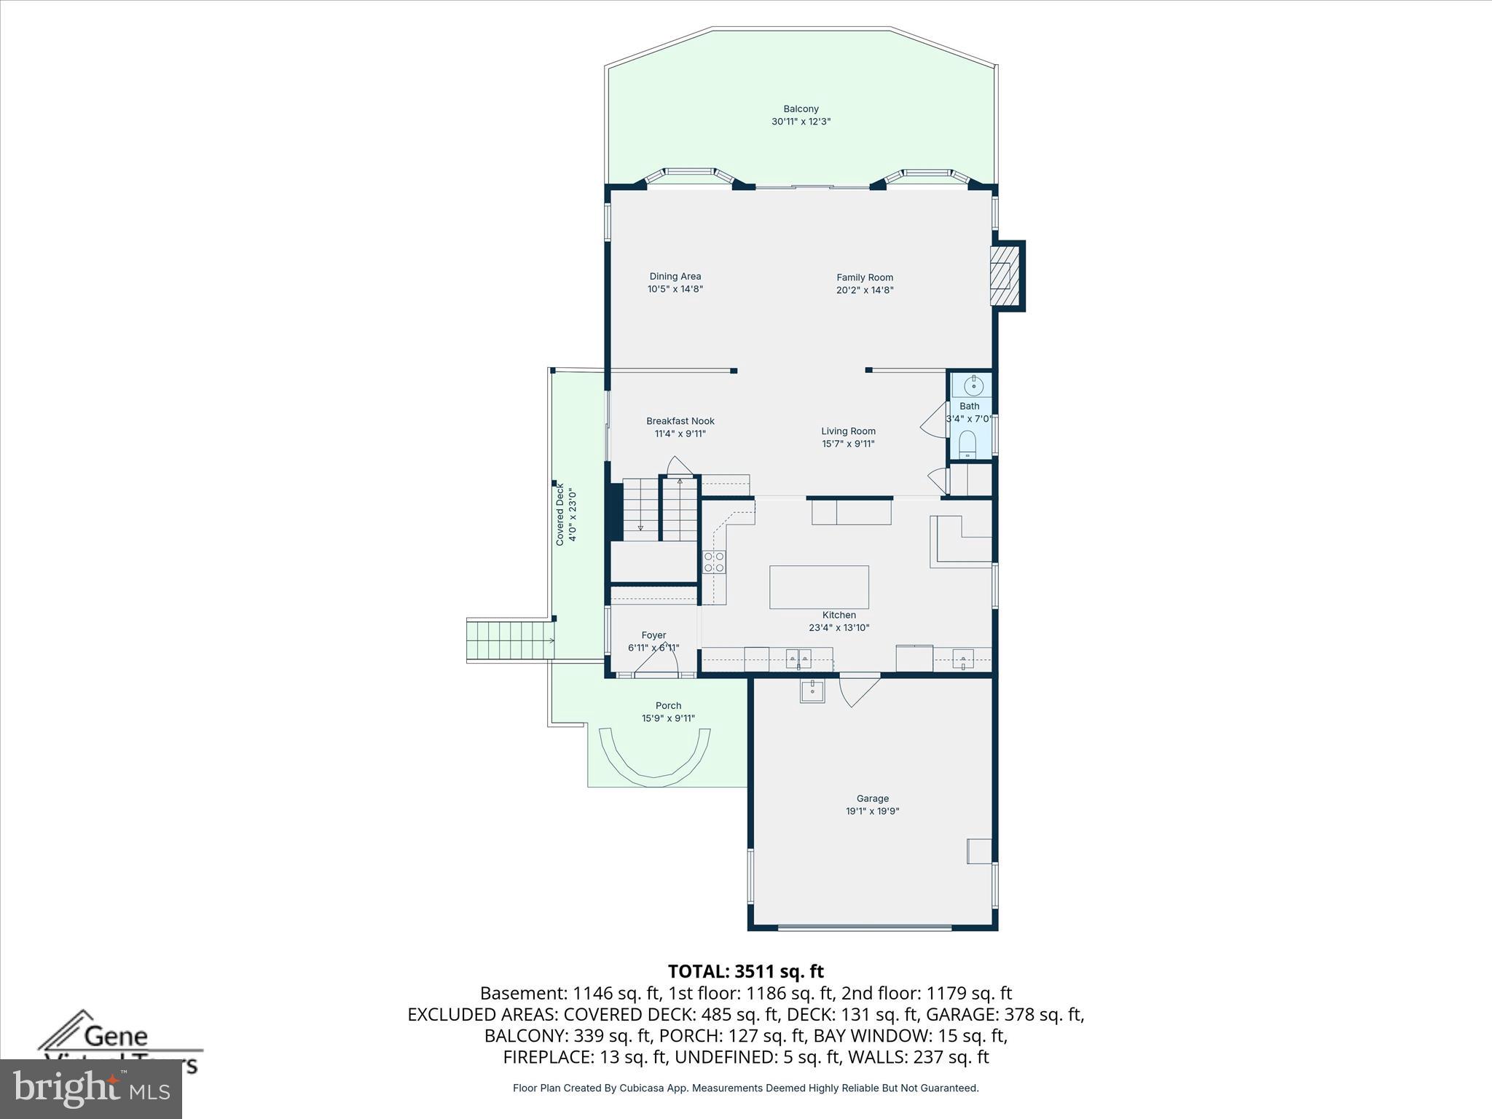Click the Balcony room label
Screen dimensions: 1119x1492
click(801, 109)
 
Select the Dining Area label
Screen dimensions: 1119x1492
click(675, 277)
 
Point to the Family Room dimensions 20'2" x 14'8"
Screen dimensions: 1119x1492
click(864, 290)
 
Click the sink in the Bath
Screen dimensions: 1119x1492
click(973, 385)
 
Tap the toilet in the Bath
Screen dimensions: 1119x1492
click(967, 443)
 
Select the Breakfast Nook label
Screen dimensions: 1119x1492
click(680, 421)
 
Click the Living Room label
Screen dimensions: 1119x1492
click(848, 431)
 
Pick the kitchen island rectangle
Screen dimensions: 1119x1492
click(819, 586)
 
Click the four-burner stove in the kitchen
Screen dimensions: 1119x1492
click(714, 562)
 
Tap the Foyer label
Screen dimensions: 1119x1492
click(653, 635)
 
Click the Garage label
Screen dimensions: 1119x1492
click(872, 798)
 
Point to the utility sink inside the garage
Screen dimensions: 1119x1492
click(812, 691)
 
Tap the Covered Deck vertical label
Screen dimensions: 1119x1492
click(560, 514)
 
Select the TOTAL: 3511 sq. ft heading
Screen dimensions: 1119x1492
click(745, 971)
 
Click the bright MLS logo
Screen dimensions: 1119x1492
click(90, 1088)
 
